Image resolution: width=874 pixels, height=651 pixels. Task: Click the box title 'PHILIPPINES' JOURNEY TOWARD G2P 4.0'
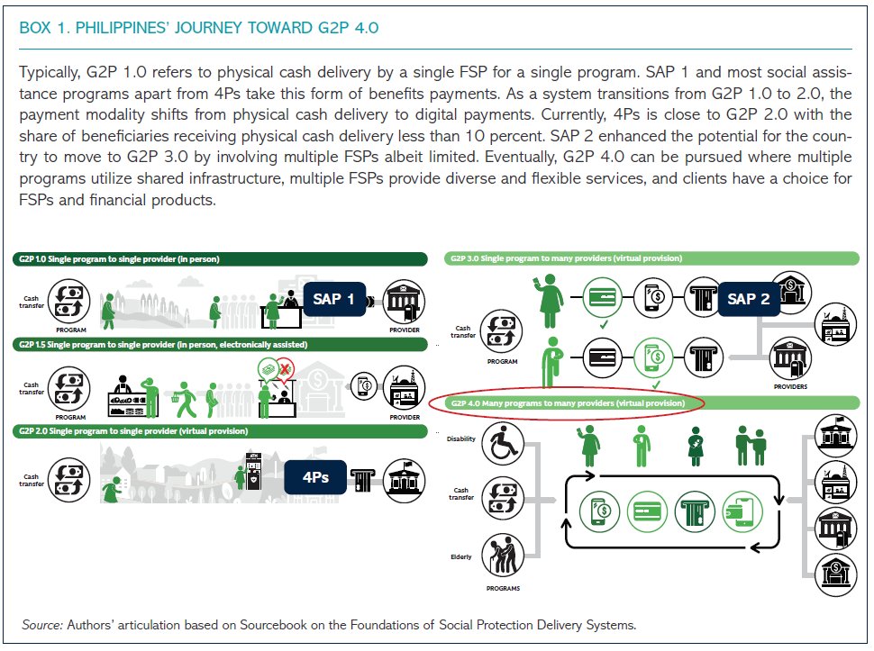coord(198,28)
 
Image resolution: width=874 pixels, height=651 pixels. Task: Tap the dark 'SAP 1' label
coord(333,298)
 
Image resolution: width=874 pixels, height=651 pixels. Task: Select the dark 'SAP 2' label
coord(748,298)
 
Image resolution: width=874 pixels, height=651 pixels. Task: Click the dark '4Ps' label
coord(315,477)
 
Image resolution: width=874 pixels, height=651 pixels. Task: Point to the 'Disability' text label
coord(460,439)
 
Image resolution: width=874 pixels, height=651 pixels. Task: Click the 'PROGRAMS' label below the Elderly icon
coord(502,589)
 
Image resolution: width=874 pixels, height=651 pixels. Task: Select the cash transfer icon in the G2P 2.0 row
coord(69,477)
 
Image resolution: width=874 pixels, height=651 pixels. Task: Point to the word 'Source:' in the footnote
coord(42,624)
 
